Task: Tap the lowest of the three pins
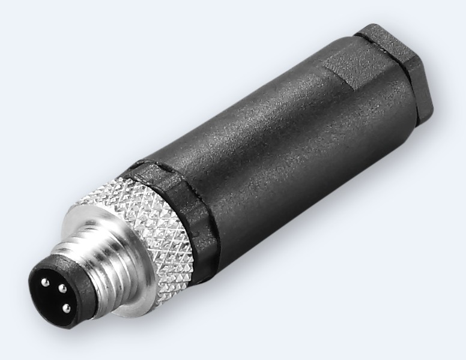coord(66,310)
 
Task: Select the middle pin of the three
coord(61,289)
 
